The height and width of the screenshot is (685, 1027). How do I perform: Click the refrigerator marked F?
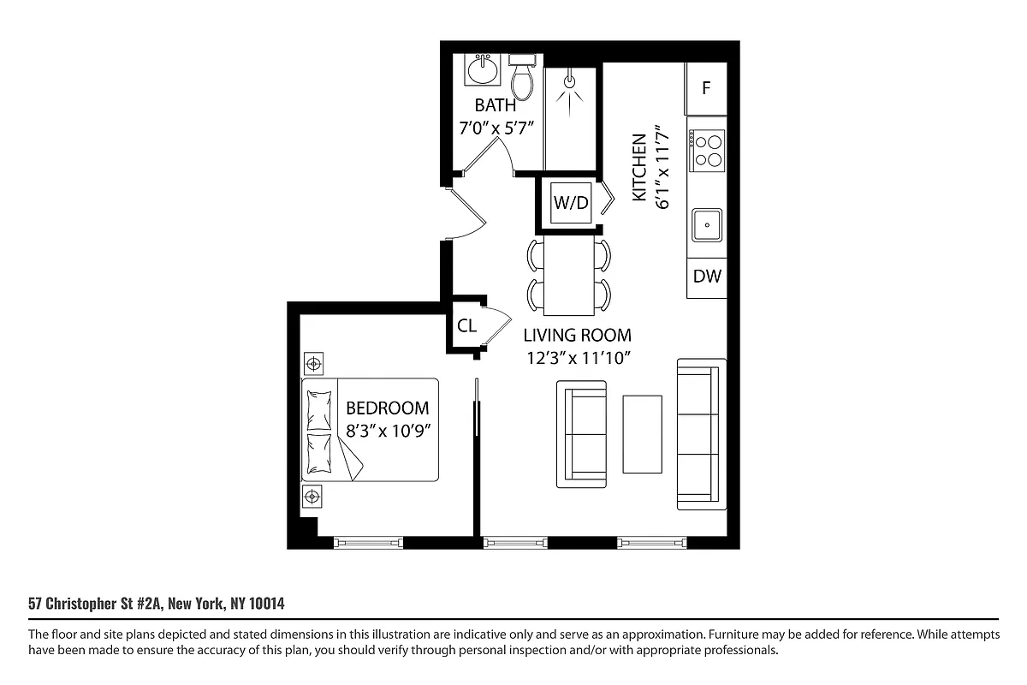[x=706, y=88]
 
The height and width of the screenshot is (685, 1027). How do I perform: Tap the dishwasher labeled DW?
[x=707, y=277]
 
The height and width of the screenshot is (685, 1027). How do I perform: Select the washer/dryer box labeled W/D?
[x=571, y=203]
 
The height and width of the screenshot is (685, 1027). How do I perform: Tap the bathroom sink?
[x=484, y=69]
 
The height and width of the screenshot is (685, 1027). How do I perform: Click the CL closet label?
[x=466, y=325]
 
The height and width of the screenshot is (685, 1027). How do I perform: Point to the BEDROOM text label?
[x=387, y=408]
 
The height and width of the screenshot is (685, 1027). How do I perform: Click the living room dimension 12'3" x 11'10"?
[x=579, y=358]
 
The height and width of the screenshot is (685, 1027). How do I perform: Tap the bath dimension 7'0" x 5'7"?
[x=496, y=129]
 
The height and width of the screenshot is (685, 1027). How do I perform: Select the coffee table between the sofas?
[x=642, y=433]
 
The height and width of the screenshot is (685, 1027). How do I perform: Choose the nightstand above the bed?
[x=313, y=364]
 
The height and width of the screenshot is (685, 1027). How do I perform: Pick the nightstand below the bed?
[x=312, y=495]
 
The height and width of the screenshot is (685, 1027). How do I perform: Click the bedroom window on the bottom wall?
[x=367, y=542]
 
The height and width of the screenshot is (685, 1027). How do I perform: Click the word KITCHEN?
[x=638, y=168]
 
